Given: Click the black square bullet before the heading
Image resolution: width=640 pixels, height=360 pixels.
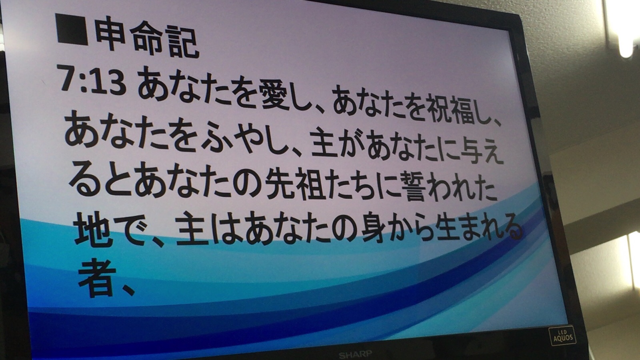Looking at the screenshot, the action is (72, 29).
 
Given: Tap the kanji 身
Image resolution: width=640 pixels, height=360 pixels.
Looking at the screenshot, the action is (372, 228).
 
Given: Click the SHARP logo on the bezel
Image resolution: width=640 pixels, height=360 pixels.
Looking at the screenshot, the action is (356, 354).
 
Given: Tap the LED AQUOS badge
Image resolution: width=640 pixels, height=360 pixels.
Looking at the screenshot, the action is (562, 336).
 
